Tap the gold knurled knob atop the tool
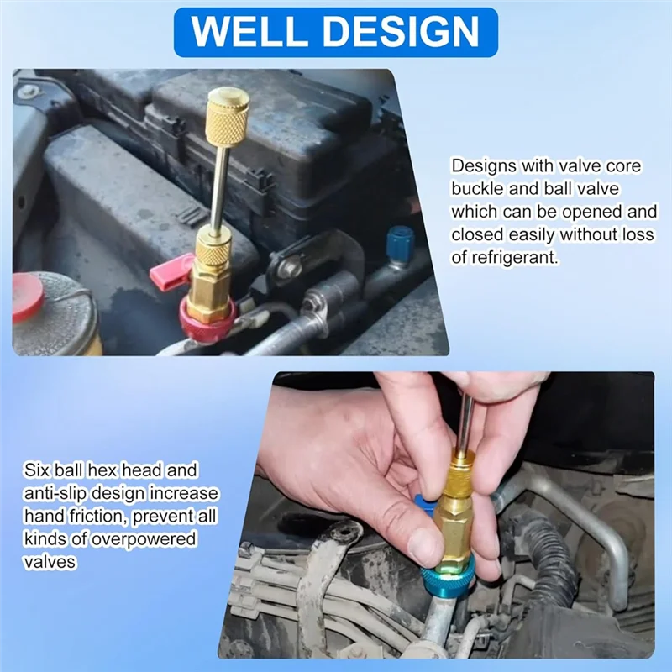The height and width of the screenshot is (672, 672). (228, 118)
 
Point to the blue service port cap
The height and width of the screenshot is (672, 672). (400, 243)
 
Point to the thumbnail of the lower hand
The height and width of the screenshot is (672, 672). (425, 547)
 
